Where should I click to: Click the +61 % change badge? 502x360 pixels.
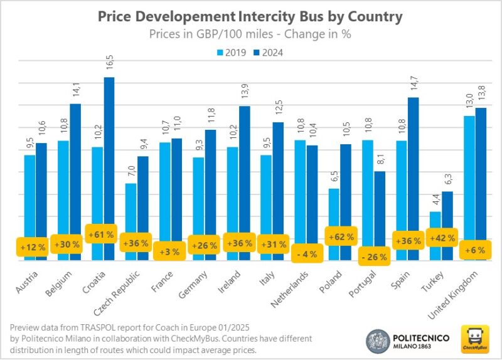click(102, 235)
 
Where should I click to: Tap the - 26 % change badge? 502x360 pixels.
click(373, 256)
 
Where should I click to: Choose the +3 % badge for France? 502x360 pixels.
click(170, 251)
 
